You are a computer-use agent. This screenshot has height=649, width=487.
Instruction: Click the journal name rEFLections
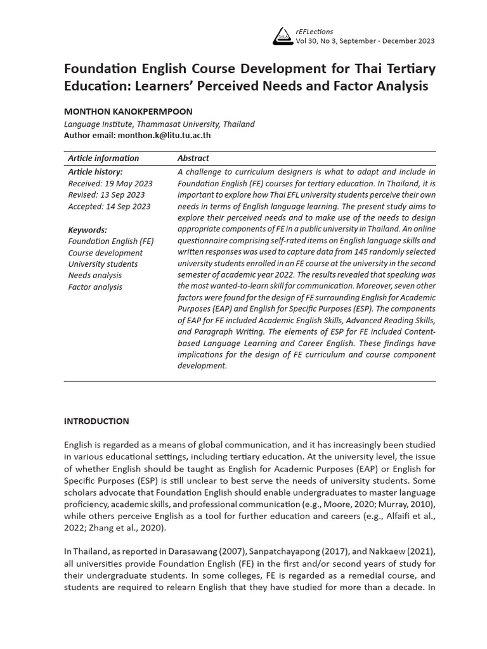(315, 31)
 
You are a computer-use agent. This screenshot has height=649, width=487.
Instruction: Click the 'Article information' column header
(103, 158)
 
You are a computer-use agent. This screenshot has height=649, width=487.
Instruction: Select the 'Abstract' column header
(193, 158)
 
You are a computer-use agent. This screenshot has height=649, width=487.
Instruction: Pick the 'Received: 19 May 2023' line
(109, 183)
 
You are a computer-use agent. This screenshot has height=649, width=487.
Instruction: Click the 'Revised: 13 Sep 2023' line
(106, 195)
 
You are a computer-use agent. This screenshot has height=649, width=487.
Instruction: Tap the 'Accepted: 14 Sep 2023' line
(109, 206)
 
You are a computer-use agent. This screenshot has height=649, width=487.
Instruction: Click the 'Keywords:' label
(88, 229)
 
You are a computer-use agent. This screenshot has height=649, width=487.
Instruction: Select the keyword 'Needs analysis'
(95, 275)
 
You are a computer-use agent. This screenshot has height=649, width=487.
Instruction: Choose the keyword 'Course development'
(105, 252)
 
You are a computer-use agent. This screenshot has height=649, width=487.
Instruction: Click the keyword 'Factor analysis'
(95, 286)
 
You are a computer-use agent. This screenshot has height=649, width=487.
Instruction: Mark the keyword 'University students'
(103, 264)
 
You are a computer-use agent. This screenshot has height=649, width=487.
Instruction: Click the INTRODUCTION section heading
(96, 421)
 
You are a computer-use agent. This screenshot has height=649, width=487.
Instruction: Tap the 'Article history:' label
(96, 172)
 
